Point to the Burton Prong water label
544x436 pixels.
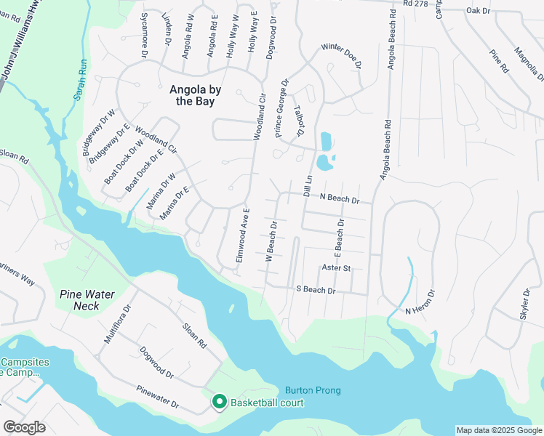pos(313,390)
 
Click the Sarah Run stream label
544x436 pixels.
pos(80,84)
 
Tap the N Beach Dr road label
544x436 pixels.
pos(340,198)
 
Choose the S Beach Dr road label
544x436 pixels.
pos(316,290)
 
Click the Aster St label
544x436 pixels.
pos(336,268)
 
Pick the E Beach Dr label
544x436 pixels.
pos(338,238)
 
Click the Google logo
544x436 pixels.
pos(25,427)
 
